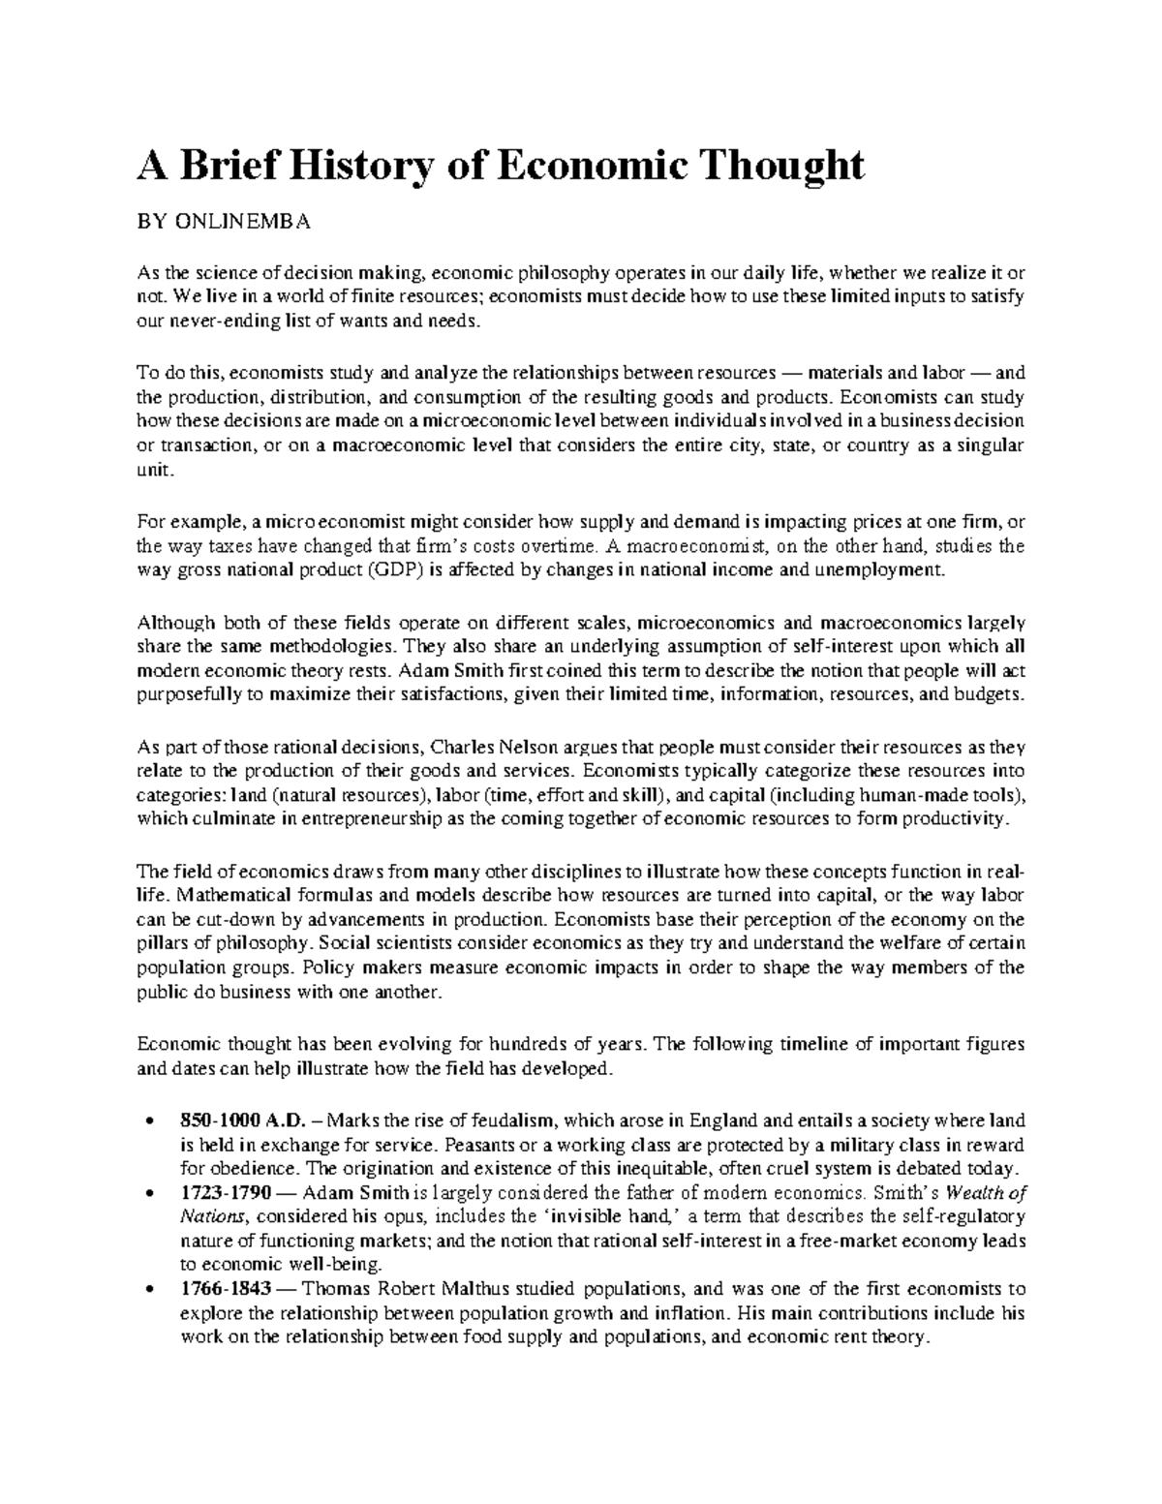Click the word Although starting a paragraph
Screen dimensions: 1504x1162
pos(173,621)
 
